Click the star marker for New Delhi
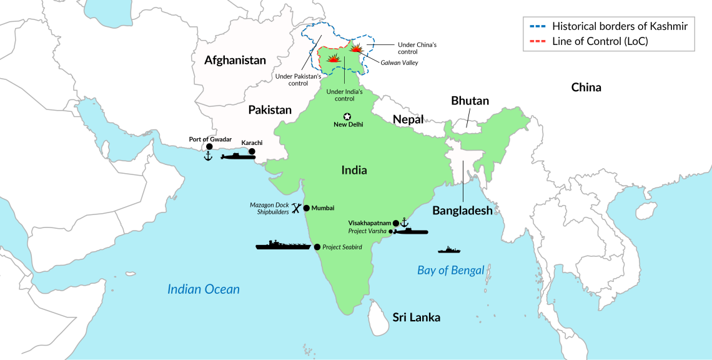point(347,116)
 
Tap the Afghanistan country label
point(235,61)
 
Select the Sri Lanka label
point(416,317)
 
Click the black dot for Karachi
point(252,151)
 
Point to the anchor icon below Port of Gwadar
point(209,156)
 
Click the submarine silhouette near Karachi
point(237,156)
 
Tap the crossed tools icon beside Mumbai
point(297,208)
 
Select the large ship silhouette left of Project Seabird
point(283,245)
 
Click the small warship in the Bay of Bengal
point(449,250)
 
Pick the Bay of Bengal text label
point(450,270)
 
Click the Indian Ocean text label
point(203,289)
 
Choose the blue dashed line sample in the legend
point(535,26)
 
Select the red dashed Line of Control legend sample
point(535,41)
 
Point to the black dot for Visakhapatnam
point(395,222)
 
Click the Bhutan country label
point(470,101)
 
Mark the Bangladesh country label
point(462,211)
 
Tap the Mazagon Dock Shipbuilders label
point(269,209)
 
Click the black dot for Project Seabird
point(317,247)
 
